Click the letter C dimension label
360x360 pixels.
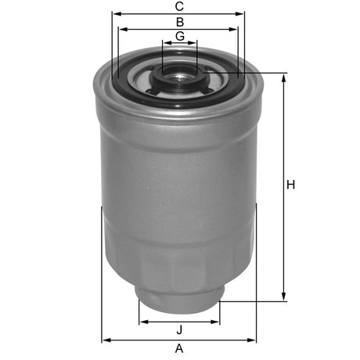pyautogui.click(x=179, y=7)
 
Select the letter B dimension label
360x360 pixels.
pyautogui.click(x=179, y=22)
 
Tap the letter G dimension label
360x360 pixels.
pyautogui.click(x=179, y=37)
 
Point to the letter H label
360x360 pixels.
pyautogui.click(x=290, y=185)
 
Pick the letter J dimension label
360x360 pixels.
pyautogui.click(x=179, y=329)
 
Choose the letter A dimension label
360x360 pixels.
pyautogui.click(x=179, y=347)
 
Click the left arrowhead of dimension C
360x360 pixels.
pyautogui.click(x=115, y=14)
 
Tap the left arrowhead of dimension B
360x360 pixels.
pyautogui.click(x=122, y=30)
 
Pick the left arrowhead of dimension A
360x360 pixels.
pyautogui.click(x=106, y=340)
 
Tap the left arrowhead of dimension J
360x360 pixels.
pyautogui.click(x=142, y=322)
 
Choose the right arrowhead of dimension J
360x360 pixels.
pyautogui.click(x=218, y=322)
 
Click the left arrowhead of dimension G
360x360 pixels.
pyautogui.click(x=165, y=45)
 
